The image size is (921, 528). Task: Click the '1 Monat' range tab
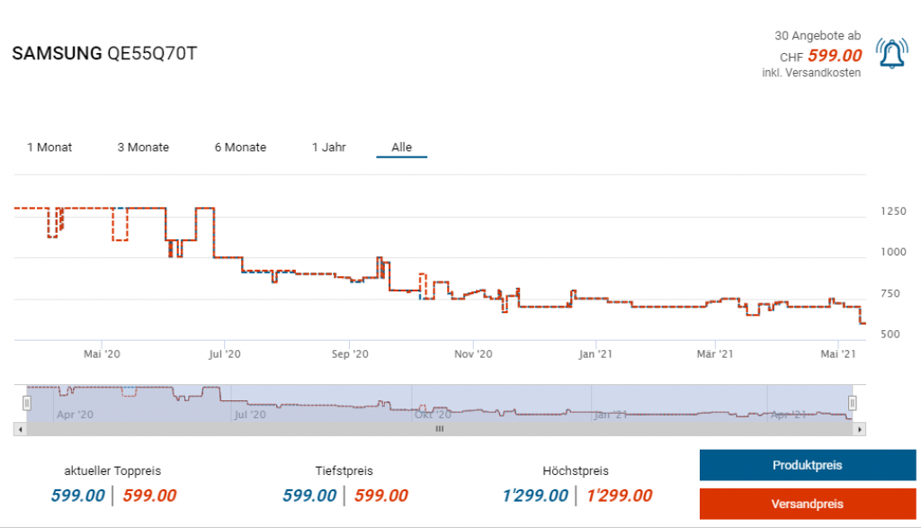(49, 148)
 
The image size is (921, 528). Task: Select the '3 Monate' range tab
(143, 148)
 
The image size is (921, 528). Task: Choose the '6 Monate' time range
(240, 148)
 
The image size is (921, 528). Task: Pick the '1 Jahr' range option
(329, 148)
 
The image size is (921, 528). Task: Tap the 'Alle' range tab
(401, 148)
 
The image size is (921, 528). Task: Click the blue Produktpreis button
(807, 466)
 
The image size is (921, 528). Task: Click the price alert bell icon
(891, 56)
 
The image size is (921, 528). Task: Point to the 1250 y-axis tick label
(893, 211)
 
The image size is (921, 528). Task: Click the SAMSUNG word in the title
(57, 54)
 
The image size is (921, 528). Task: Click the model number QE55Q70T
(151, 54)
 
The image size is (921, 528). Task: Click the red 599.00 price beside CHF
(834, 56)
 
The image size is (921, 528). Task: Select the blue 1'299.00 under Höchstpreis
(535, 496)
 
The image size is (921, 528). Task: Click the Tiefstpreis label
(344, 470)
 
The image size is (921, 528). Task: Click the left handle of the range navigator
(27, 403)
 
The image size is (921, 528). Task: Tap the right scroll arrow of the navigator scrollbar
(861, 430)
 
